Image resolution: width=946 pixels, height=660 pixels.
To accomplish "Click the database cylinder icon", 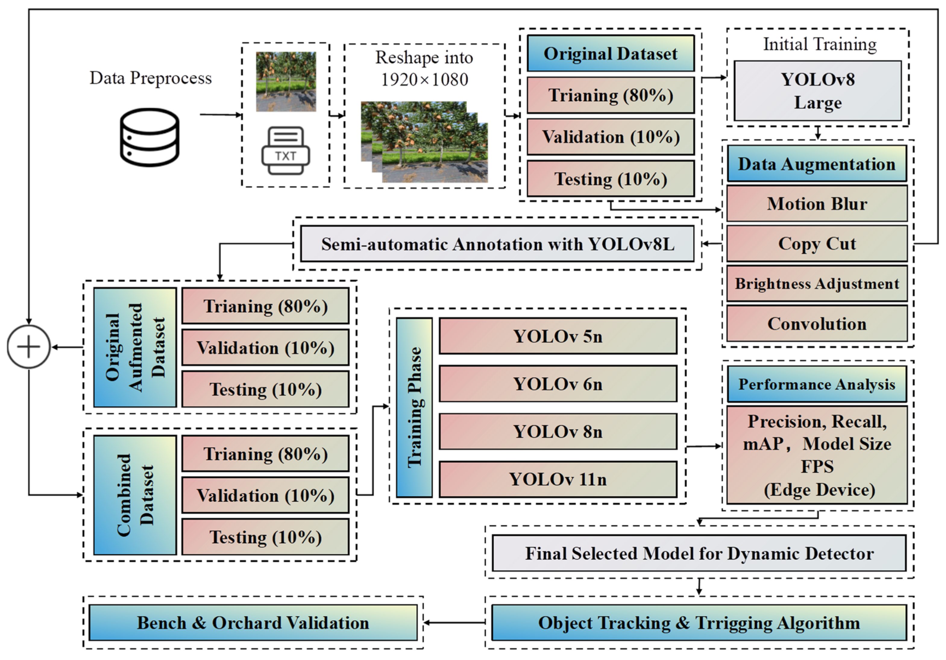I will click(x=149, y=137).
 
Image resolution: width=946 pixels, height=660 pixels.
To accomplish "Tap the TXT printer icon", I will click(x=285, y=151).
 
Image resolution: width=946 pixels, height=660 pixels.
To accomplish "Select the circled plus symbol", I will click(x=28, y=347).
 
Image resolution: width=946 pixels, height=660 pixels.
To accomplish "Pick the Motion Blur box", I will click(x=817, y=203).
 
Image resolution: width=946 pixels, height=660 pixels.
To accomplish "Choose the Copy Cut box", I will click(x=817, y=244).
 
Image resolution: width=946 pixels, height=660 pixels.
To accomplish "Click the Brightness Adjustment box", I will click(x=817, y=284).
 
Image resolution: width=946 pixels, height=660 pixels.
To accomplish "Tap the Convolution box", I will click(x=817, y=323).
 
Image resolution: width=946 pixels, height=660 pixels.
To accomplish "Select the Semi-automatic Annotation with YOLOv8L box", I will click(x=497, y=244).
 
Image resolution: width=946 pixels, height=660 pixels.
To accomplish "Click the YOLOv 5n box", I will click(x=558, y=336).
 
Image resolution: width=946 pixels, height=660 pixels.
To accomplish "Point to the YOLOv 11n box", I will click(x=558, y=479).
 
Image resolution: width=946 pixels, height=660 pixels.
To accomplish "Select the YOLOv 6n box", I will click(x=558, y=384).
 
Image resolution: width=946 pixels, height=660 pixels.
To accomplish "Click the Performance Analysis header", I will click(x=817, y=384).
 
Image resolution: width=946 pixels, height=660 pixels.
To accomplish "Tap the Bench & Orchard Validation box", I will click(x=253, y=623).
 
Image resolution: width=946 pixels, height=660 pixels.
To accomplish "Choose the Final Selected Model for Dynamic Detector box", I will click(x=699, y=553).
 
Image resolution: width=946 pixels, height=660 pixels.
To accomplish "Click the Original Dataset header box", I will click(x=610, y=54).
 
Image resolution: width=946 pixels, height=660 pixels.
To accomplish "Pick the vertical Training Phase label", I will click(x=414, y=407).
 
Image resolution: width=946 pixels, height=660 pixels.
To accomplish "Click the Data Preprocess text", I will click(x=150, y=78).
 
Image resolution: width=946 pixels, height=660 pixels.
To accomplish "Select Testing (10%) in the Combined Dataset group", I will click(x=265, y=537).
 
